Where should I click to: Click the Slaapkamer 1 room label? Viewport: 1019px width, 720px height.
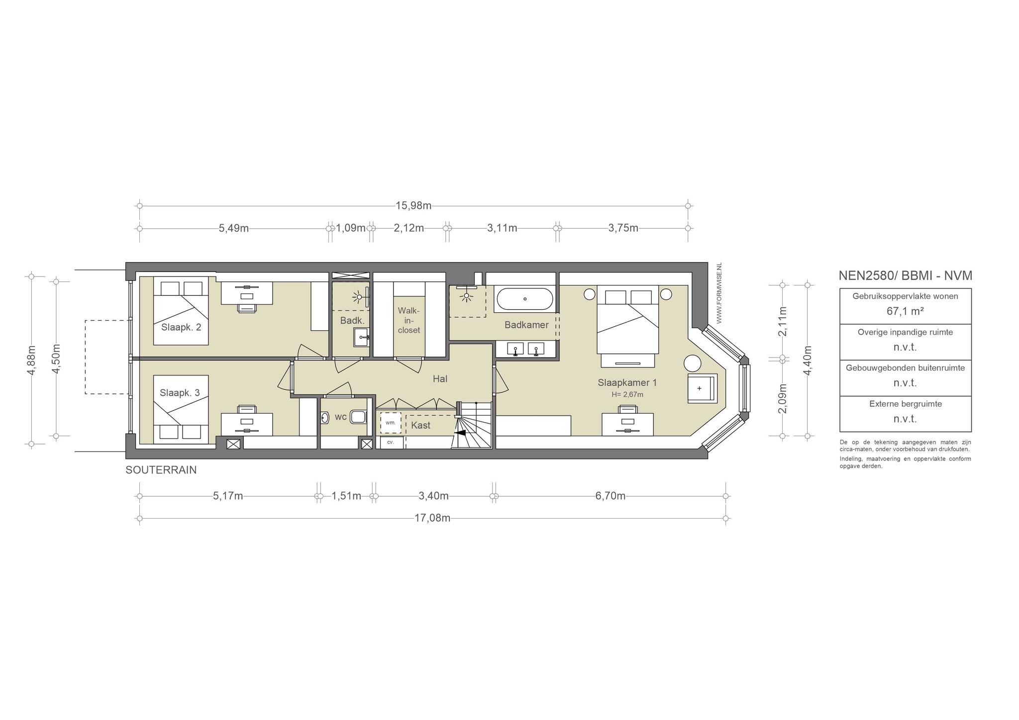(627, 383)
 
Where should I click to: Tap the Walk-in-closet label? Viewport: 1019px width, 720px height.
(409, 320)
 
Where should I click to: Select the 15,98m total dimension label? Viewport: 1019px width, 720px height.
(413, 206)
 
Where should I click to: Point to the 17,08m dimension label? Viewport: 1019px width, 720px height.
(432, 518)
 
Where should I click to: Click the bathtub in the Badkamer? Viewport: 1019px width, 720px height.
(524, 299)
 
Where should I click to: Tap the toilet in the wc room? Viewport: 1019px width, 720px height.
(358, 417)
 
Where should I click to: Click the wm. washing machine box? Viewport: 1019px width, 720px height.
(391, 423)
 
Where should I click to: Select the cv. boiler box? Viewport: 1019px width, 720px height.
(391, 442)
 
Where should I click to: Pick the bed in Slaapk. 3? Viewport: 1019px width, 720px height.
(181, 409)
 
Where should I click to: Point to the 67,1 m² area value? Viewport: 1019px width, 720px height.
(905, 311)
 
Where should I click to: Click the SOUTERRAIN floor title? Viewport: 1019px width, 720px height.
(161, 470)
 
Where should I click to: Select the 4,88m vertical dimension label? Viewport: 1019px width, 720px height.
(32, 360)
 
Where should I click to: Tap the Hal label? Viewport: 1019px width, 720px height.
(440, 379)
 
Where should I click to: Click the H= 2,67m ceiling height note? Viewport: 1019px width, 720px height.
(627, 395)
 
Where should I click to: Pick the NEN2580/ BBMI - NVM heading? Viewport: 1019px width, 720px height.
(906, 275)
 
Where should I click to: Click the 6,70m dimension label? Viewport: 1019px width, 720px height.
(611, 496)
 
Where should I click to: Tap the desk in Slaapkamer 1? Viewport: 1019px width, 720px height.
(628, 424)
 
